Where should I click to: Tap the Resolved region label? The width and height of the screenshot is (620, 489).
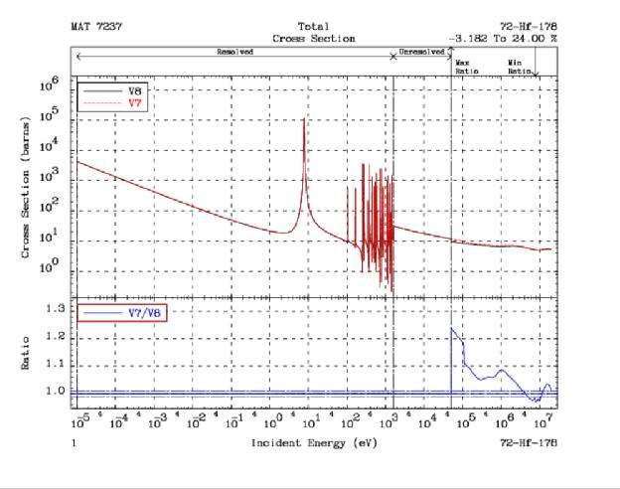(x=234, y=50)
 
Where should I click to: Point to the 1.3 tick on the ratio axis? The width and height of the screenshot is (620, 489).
(x=58, y=309)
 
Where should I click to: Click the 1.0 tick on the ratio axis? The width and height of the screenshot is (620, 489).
(x=58, y=392)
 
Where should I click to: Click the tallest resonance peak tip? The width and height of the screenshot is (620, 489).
(x=304, y=118)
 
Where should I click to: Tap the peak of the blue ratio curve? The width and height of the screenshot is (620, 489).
(x=452, y=328)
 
